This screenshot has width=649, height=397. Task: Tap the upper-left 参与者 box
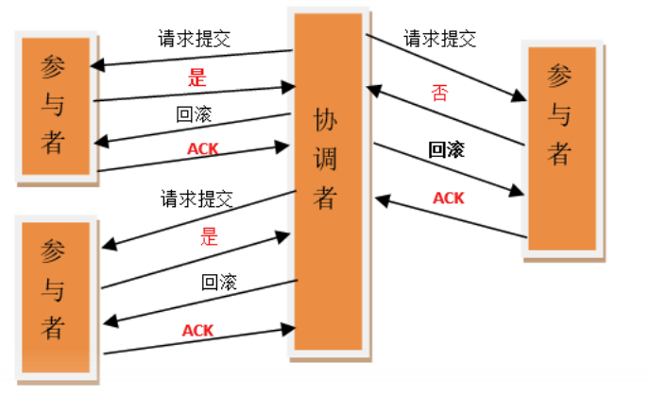pyautogui.click(x=53, y=104)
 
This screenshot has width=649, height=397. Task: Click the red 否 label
pyautogui.click(x=439, y=93)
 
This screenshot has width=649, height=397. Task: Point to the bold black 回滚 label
pyautogui.click(x=447, y=149)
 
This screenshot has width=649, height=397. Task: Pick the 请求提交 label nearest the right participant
pyautogui.click(x=440, y=40)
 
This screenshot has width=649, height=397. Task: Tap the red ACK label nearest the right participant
pyautogui.click(x=448, y=198)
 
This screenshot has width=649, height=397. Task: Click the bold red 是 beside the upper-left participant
pyautogui.click(x=196, y=77)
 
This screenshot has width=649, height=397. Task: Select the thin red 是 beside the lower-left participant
pyautogui.click(x=210, y=236)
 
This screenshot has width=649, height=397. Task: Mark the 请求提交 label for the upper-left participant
pyautogui.click(x=195, y=40)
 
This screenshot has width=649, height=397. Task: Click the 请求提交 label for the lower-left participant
pyautogui.click(x=196, y=199)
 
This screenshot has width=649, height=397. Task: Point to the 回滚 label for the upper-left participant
pyautogui.click(x=194, y=116)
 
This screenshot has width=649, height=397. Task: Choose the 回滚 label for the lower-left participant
pyautogui.click(x=218, y=282)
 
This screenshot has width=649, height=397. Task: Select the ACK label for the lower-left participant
pyautogui.click(x=197, y=330)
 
